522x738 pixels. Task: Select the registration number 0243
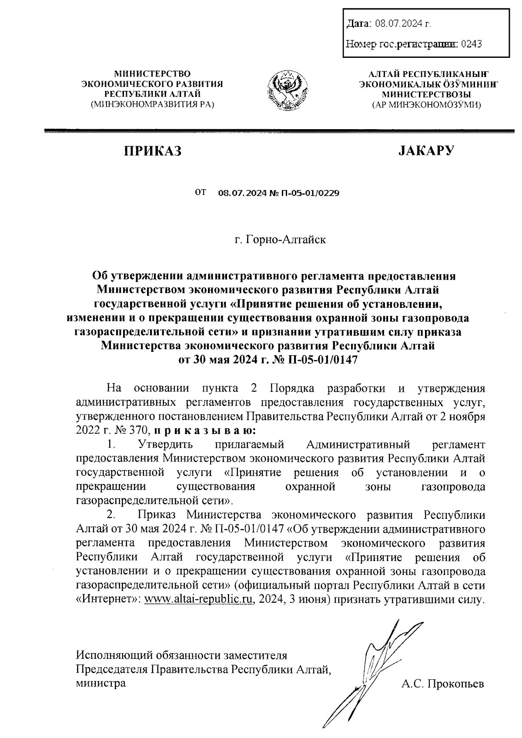coord(471,43)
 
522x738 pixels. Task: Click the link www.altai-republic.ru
coord(199,599)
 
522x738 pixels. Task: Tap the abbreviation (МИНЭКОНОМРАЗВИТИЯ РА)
coord(152,104)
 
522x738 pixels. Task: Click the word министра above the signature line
coord(101,683)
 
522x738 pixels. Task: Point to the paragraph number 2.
coord(111,515)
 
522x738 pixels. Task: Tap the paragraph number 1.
coord(111,444)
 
